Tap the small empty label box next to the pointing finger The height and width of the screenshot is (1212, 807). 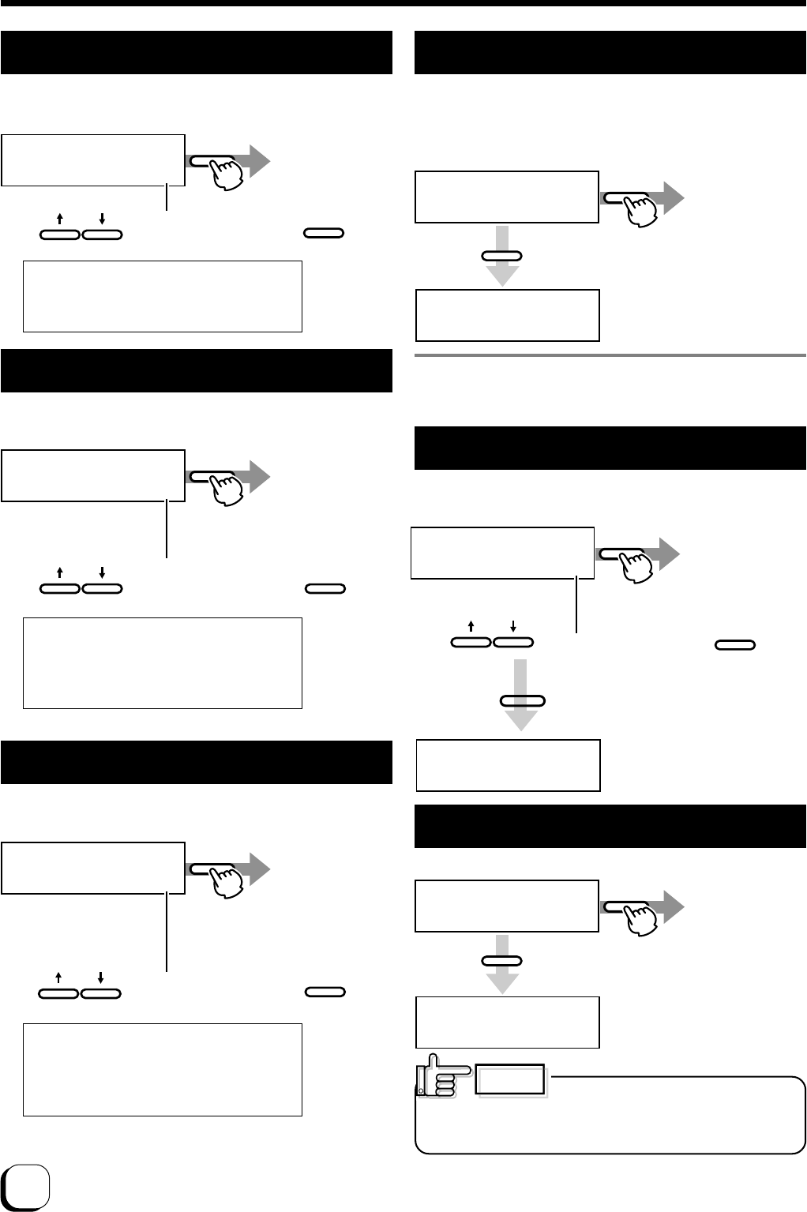tap(510, 1081)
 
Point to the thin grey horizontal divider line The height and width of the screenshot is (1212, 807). tap(610, 355)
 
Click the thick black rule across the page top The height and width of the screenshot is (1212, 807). tap(403, 3)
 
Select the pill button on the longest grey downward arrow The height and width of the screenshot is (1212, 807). tap(522, 700)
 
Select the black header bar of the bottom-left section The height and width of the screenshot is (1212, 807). tap(197, 762)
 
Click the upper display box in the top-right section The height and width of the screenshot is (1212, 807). tap(507, 197)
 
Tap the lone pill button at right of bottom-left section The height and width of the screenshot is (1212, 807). tap(325, 992)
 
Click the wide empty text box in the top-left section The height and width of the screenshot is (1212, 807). tap(163, 296)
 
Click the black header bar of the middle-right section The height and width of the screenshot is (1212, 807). tap(610, 448)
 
